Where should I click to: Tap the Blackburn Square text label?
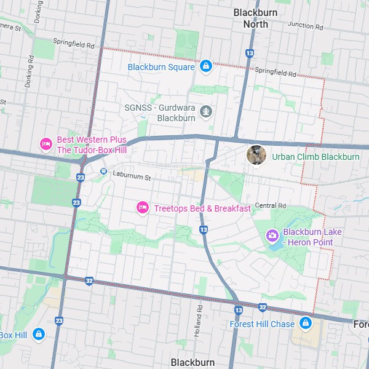161,67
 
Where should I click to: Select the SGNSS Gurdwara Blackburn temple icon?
206,112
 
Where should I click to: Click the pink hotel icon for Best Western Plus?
46,145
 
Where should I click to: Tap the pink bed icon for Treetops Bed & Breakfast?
142,208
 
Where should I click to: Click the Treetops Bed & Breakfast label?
202,208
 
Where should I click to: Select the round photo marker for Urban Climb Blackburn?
256,155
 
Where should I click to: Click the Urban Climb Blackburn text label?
315,157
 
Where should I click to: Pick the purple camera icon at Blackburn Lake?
272,236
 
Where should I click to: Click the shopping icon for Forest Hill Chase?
305,323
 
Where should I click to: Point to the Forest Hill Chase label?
262,324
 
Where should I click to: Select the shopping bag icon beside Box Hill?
38,334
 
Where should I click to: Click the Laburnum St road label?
132,175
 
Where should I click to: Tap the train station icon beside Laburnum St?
103,172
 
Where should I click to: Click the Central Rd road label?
271,205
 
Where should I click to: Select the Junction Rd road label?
305,26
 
